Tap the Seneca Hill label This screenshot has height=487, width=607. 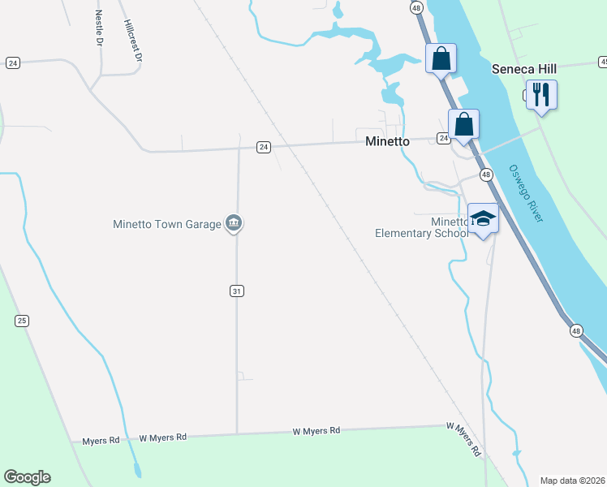(523, 69)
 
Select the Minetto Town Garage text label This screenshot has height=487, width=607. (167, 224)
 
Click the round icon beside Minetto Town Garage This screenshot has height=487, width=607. (234, 223)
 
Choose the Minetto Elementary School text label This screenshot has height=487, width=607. (421, 227)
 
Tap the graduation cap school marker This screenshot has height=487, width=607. (484, 218)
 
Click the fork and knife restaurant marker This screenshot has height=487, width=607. (540, 94)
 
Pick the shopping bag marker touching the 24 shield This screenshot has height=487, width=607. (463, 124)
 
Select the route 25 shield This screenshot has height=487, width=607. (21, 321)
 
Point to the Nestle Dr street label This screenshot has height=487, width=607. (99, 27)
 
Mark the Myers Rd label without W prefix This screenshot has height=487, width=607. (101, 441)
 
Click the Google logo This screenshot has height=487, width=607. (27, 477)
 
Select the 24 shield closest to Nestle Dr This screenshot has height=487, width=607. (12, 62)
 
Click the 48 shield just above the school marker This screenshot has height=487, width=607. (485, 175)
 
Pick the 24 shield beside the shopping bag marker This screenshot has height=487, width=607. (444, 139)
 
